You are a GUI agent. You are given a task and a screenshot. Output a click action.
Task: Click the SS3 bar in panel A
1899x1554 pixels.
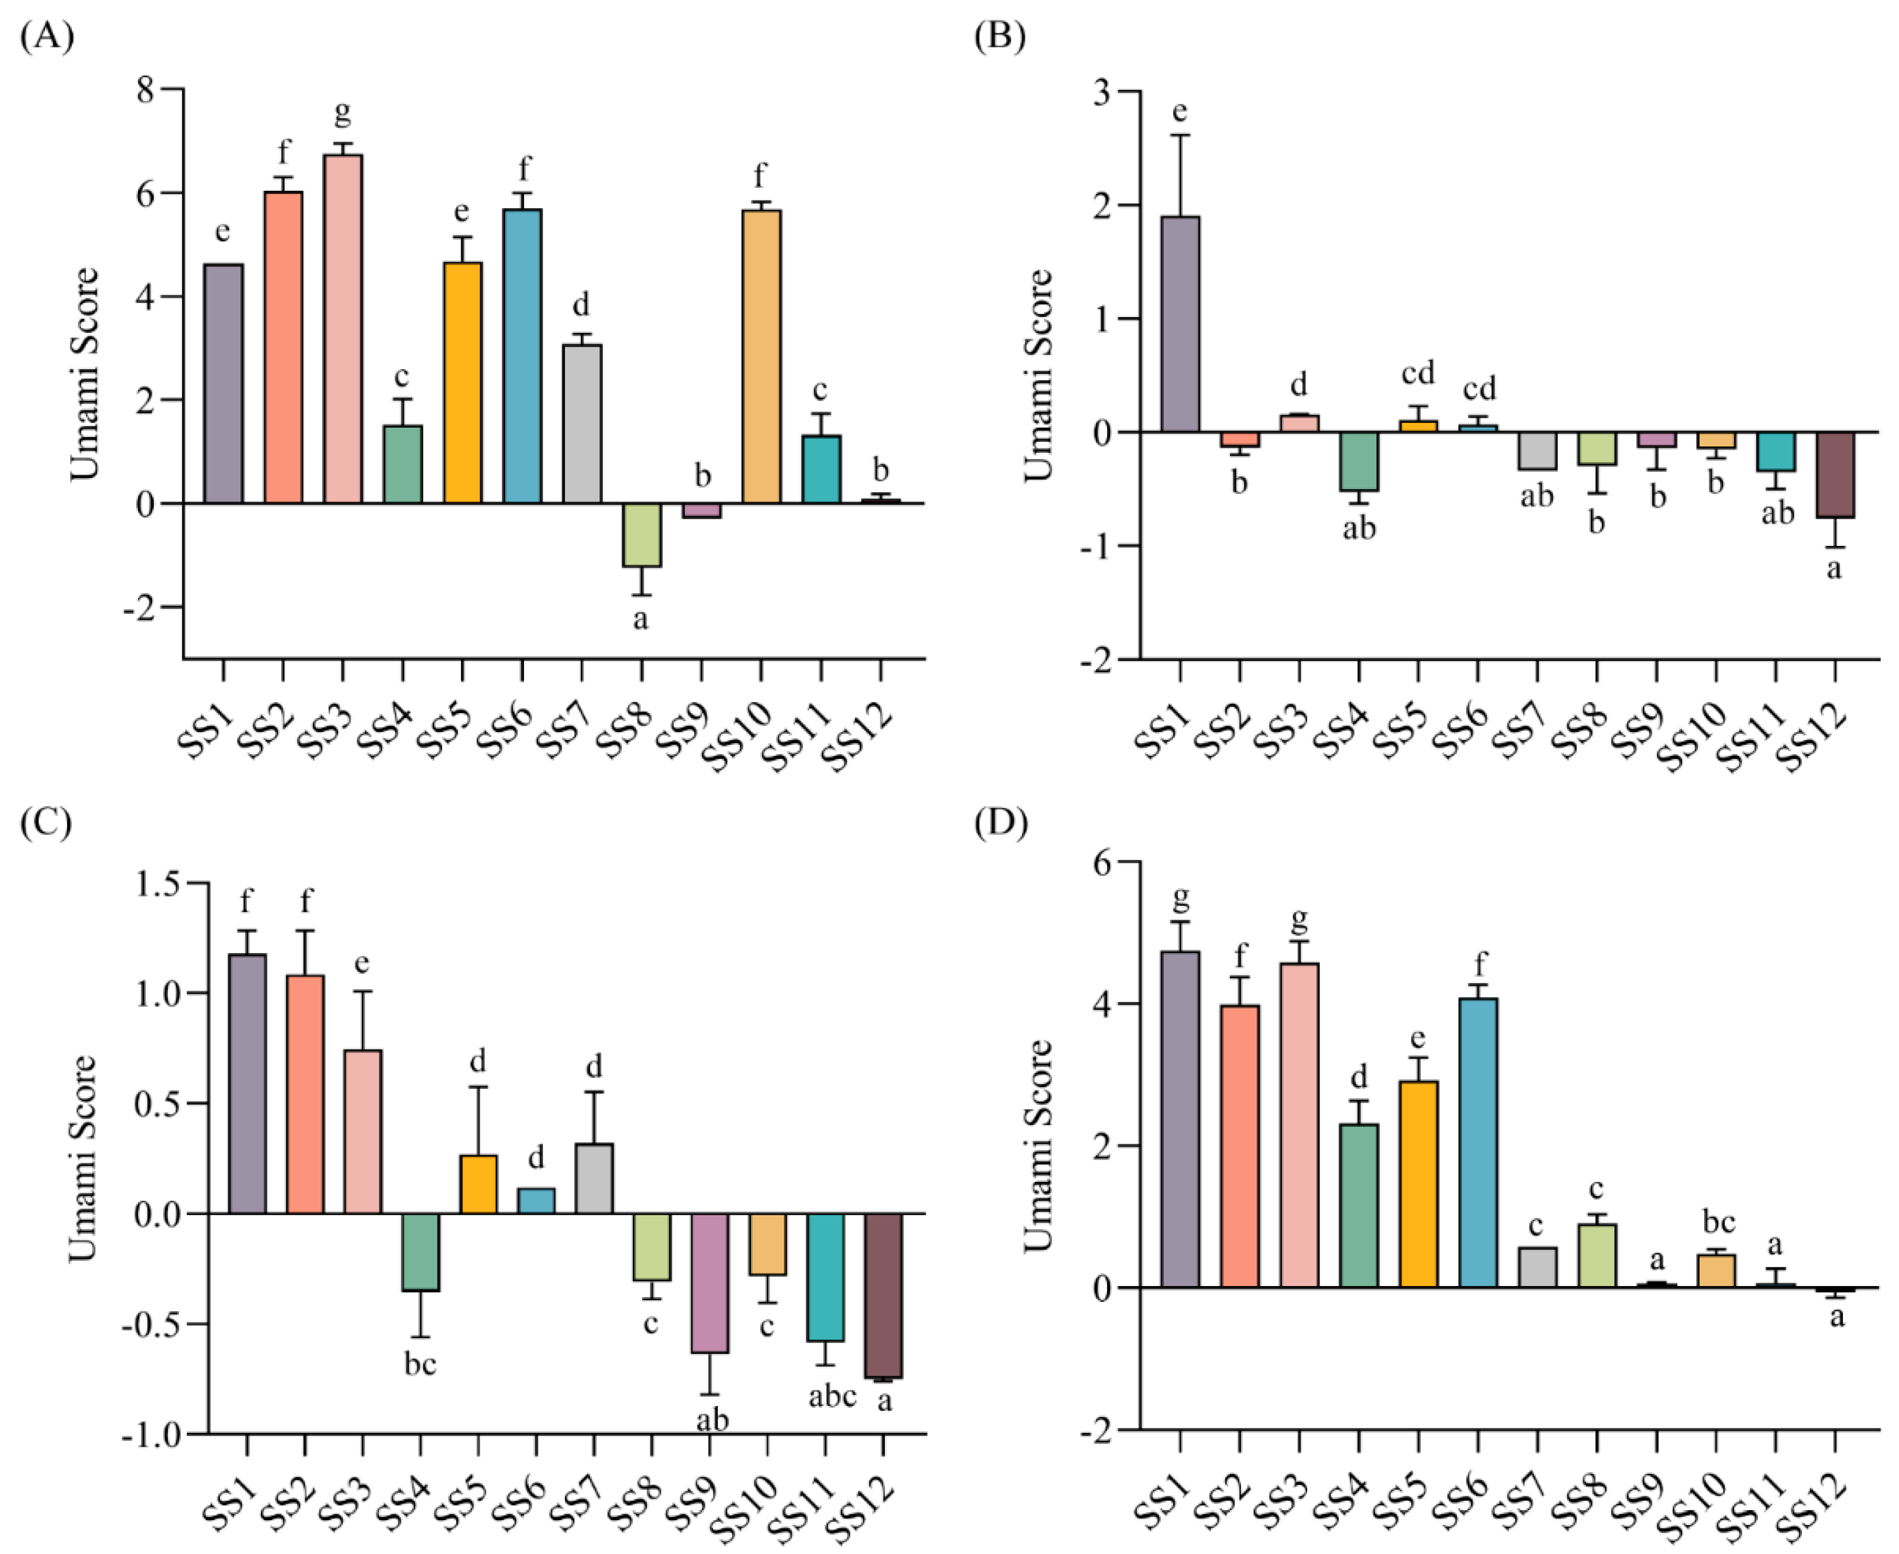pos(343,328)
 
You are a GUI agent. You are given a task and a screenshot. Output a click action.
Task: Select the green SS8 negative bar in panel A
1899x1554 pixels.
pos(642,534)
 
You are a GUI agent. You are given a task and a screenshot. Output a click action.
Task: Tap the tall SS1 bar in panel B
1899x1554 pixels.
pos(1180,324)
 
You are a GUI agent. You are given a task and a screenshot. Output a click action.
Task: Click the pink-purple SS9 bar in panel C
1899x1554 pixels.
pos(709,1283)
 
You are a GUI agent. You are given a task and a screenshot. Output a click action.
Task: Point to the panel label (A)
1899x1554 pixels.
pos(47,37)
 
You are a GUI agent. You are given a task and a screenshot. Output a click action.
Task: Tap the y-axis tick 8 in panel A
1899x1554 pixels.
pos(146,90)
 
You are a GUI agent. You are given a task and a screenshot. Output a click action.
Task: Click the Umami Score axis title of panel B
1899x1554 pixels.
pos(1038,374)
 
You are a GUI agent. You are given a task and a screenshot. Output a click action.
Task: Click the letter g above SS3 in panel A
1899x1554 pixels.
pos(342,114)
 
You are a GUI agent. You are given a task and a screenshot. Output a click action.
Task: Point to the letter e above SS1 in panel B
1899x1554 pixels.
pos(1180,111)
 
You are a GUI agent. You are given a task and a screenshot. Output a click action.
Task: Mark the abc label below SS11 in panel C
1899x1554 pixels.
pos(832,1395)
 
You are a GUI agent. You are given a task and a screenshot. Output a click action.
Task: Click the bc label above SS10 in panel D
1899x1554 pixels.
pos(1717,1221)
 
